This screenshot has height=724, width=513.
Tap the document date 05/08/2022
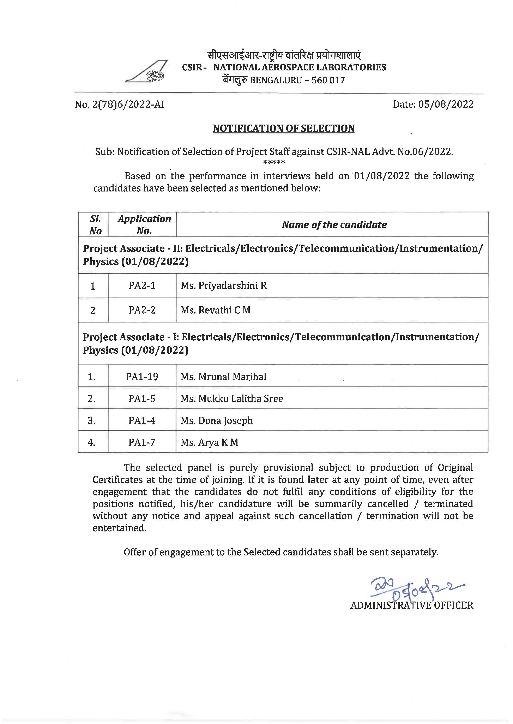pos(446,105)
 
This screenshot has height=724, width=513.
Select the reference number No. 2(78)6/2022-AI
pos(119,105)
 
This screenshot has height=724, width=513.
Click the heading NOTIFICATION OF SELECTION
pos(284,128)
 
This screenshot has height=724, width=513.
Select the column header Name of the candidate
pos(334,225)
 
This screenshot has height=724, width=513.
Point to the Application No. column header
pos(144,225)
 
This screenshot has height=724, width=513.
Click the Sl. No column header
pos(95,225)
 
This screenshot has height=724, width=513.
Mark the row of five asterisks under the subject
pos(274,162)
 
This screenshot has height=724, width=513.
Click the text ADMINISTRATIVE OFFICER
pos(412,605)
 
